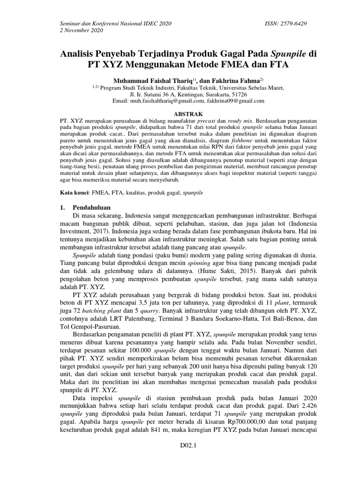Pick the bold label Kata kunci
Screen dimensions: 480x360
click(74, 192)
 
